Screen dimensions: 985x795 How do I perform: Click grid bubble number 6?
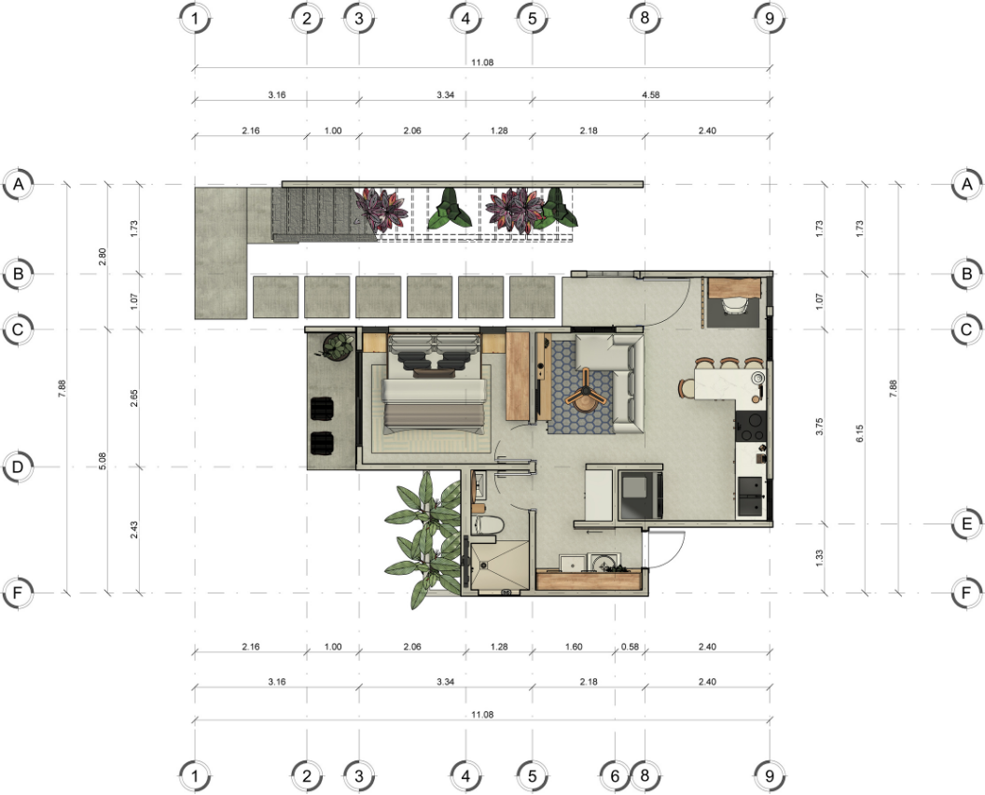pyautogui.click(x=615, y=776)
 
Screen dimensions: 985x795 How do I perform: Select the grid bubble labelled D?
pyautogui.click(x=19, y=467)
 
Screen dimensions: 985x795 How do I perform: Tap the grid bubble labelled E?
pyautogui.click(x=966, y=523)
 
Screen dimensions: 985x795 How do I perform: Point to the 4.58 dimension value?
pyautogui.click(x=651, y=95)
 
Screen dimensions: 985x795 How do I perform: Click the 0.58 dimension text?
pyautogui.click(x=630, y=647)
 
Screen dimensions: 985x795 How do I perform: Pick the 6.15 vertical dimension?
pyautogui.click(x=859, y=433)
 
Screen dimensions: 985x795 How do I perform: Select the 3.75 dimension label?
pyautogui.click(x=819, y=426)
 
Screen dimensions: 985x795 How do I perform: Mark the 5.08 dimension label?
pyautogui.click(x=103, y=461)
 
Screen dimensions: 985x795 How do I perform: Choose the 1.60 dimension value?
pyautogui.click(x=574, y=647)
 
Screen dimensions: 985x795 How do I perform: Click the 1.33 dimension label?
pyautogui.click(x=819, y=558)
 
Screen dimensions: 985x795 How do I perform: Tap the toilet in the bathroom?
pyautogui.click(x=488, y=524)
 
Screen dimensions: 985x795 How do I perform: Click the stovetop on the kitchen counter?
pyautogui.click(x=750, y=426)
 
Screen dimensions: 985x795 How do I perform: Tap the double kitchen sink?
pyautogui.click(x=750, y=496)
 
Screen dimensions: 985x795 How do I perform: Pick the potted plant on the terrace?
pyautogui.click(x=338, y=346)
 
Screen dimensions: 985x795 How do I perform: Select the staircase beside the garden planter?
pyautogui.click(x=323, y=215)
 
